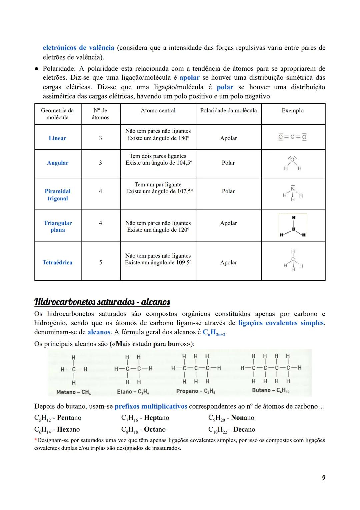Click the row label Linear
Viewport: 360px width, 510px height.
[57, 138]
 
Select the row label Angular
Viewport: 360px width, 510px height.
[58, 163]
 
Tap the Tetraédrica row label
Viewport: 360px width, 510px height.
[57, 262]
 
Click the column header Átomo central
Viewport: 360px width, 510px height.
[158, 110]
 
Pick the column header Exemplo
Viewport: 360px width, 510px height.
[293, 110]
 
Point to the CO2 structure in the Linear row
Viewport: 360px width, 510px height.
[293, 137]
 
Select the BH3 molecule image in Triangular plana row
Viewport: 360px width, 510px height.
[293, 226]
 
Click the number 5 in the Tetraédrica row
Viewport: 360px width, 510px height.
[100, 262]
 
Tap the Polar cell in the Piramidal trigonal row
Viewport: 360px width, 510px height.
[228, 191]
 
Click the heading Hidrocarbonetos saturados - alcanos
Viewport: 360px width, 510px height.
[102, 302]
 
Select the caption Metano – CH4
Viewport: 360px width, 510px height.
[74, 392]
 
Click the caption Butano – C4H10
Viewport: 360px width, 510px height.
[271, 390]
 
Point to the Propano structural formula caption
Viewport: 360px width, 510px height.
[196, 391]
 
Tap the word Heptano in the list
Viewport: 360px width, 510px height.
[156, 418]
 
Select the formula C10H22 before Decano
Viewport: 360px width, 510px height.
[217, 430]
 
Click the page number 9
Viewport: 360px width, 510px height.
[323, 478]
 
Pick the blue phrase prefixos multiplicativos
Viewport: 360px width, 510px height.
[151, 406]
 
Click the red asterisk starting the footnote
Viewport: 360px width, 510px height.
[36, 440]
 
